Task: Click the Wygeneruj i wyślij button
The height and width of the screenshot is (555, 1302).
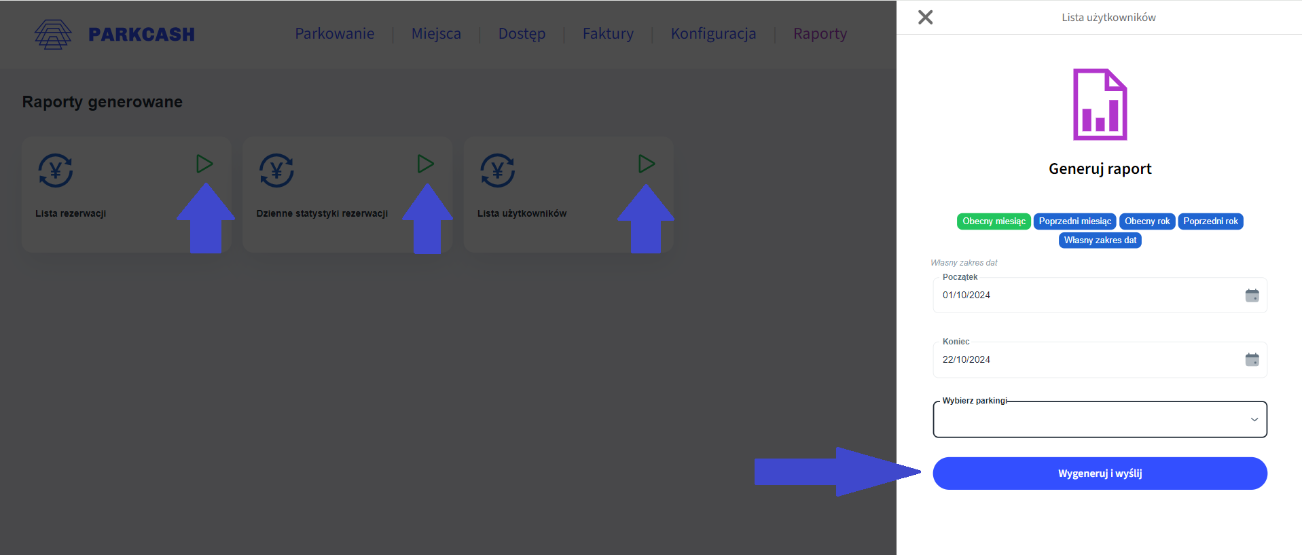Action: coord(1100,473)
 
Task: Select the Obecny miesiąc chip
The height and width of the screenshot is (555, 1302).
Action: coord(994,221)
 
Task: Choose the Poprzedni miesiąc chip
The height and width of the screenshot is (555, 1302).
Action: coord(1074,221)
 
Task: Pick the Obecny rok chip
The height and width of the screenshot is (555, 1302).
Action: coord(1147,221)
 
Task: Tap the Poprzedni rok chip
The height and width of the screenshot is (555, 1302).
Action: coord(1210,221)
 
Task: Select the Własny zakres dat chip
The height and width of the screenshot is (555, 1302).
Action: coord(1100,240)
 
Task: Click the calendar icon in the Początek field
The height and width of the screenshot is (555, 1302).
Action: coord(1252,296)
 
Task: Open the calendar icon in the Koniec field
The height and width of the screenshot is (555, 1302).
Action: coord(1252,360)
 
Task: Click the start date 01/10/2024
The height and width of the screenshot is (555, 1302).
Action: coord(966,296)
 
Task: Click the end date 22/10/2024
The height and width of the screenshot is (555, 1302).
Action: coord(966,360)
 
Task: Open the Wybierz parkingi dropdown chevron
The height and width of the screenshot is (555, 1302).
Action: coord(1254,420)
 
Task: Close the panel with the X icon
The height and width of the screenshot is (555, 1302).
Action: coord(925,18)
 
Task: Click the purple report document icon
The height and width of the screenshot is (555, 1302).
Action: coord(1100,105)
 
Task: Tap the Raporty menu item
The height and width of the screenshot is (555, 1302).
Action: coord(820,34)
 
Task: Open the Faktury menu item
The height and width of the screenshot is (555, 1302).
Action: coord(608,34)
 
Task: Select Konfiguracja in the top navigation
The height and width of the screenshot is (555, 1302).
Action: coord(713,34)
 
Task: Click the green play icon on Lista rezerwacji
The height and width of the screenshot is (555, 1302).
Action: coord(204,164)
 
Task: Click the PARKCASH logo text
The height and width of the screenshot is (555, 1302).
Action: coord(141,35)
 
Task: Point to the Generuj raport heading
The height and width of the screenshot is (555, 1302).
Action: coord(1100,169)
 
